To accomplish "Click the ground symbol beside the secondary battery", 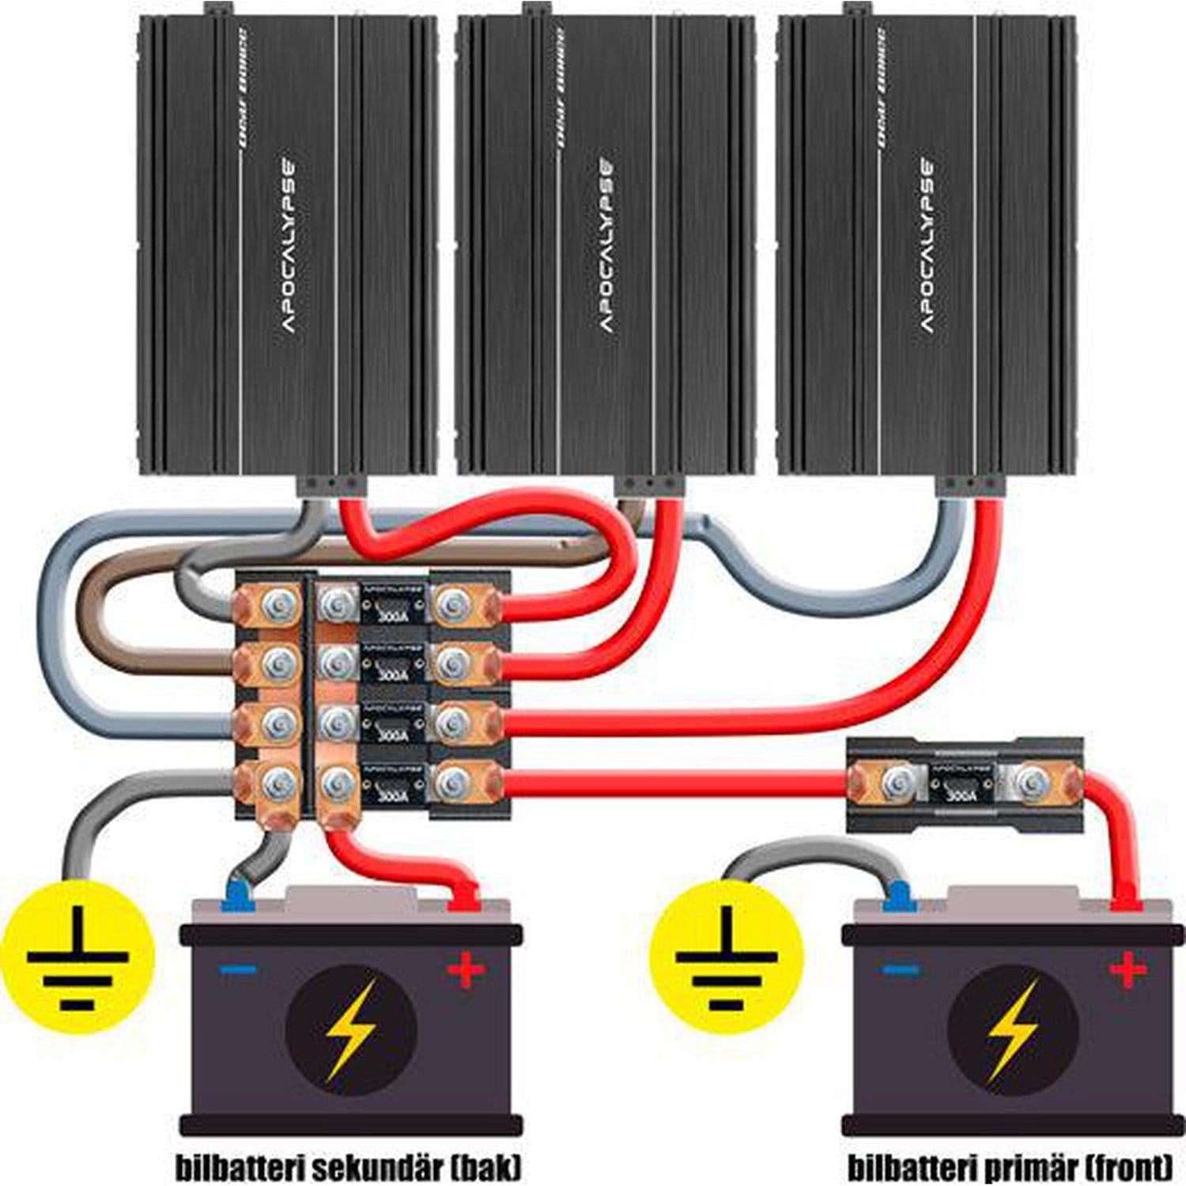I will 77,958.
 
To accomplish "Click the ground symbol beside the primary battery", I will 726,958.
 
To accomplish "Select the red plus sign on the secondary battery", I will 466,969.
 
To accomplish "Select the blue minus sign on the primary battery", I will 901,969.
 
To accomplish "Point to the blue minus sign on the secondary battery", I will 238,969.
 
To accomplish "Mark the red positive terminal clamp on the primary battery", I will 1126,901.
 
